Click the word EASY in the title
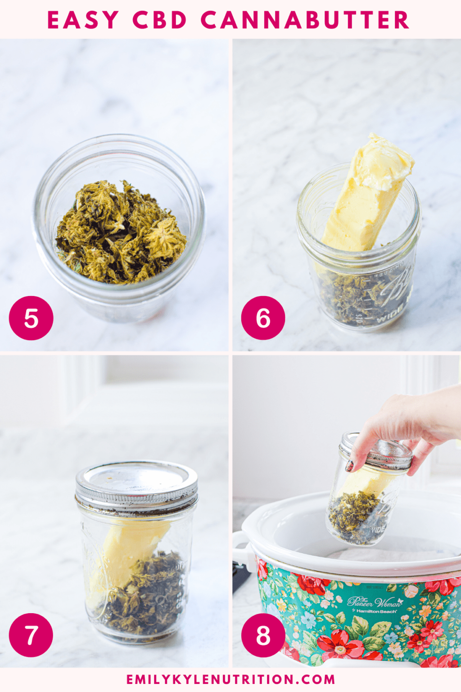[x=83, y=20]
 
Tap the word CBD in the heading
[x=160, y=20]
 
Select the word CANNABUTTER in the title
[x=305, y=20]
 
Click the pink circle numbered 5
[x=31, y=318]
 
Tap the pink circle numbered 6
[x=263, y=318]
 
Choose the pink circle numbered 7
[x=31, y=635]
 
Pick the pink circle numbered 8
[x=263, y=635]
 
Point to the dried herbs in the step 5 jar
[x=121, y=233]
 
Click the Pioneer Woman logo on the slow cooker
[x=374, y=601]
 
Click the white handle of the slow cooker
[x=242, y=550]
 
